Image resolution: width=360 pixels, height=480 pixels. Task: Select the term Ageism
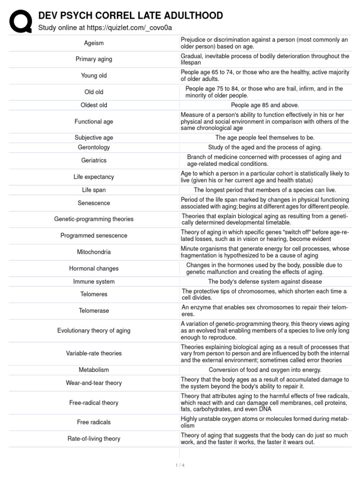point(94,43)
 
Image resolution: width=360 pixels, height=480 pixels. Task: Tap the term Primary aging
point(94,60)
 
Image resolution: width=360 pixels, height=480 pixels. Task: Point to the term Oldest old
point(94,105)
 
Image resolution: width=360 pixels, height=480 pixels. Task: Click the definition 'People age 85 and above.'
point(265,105)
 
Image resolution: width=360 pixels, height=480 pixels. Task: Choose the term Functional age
point(94,122)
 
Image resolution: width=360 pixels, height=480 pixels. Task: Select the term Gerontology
point(94,148)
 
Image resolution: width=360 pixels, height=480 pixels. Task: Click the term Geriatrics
point(94,160)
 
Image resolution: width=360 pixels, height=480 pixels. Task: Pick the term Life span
point(94,190)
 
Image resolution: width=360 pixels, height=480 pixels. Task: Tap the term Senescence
point(94,203)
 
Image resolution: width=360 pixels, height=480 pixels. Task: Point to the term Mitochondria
point(94,252)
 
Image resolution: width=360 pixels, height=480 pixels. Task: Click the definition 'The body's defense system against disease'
point(265,282)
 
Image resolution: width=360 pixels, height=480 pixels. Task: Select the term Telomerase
point(94,311)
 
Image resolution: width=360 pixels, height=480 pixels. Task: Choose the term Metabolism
point(94,370)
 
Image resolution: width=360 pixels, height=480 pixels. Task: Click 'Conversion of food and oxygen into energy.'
point(265,370)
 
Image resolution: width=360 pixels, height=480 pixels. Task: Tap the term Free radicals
point(94,422)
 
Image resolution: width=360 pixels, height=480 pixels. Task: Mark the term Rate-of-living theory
point(94,439)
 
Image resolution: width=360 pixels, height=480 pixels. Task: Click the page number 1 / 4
point(180,465)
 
